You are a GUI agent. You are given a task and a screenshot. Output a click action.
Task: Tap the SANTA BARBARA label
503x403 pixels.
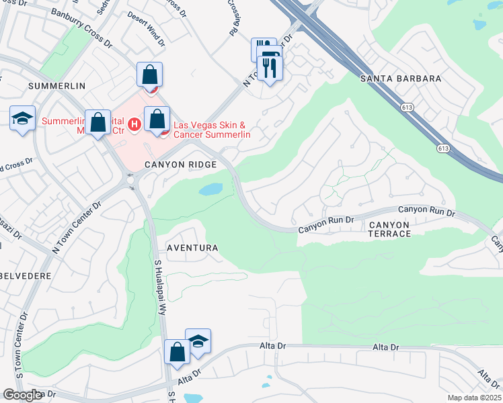pyautogui.click(x=401, y=79)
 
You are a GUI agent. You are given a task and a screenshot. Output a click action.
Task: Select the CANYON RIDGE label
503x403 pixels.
pyautogui.click(x=181, y=165)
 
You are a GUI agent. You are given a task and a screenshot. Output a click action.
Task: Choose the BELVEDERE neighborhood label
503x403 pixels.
pyautogui.click(x=28, y=275)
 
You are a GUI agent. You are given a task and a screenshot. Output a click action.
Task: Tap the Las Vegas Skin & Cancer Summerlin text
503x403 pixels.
pyautogui.click(x=212, y=130)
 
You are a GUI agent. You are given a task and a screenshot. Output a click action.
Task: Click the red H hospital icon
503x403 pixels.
pyautogui.click(x=134, y=124)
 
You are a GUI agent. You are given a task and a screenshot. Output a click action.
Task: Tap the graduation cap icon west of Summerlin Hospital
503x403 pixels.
pyautogui.click(x=22, y=120)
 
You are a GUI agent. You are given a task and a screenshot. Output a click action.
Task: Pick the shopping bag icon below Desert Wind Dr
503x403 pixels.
pyautogui.click(x=150, y=75)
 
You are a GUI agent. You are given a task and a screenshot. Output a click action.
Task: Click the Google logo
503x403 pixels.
pyautogui.click(x=23, y=395)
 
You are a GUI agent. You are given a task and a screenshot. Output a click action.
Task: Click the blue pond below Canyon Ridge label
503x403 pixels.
pyautogui.click(x=212, y=189)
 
